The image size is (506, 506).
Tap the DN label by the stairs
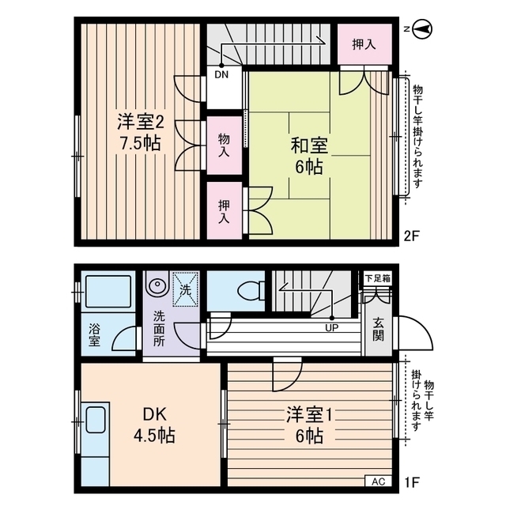point(221,75)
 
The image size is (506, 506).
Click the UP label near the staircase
point(332,328)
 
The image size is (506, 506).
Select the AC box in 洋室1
point(378,481)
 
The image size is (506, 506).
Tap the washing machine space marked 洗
point(185,289)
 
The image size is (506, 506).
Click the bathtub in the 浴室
point(108,292)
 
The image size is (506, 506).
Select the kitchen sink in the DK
point(95,420)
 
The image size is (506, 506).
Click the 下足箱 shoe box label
point(378,278)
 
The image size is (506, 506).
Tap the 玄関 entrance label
point(378,330)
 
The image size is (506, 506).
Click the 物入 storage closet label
point(224,145)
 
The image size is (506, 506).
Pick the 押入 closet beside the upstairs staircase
point(364,44)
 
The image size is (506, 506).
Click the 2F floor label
point(411,236)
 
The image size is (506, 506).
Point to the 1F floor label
point(412,482)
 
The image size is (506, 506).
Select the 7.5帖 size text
point(141,143)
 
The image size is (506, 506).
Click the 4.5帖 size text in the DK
point(155,436)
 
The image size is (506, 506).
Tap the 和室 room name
point(309,145)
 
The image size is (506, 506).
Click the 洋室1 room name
point(309,414)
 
